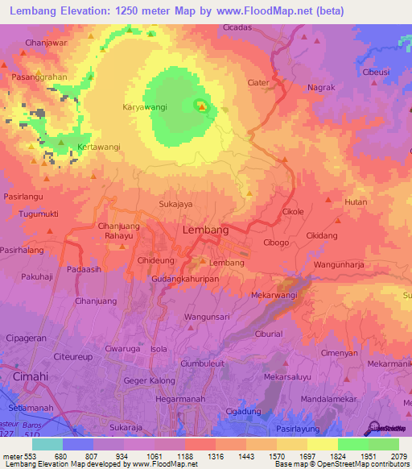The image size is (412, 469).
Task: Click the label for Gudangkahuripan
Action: tap(185, 278)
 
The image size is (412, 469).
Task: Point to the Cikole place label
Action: tap(293, 212)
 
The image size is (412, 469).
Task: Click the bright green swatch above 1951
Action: tap(352, 444)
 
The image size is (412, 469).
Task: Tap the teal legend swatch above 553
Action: tap(47, 444)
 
